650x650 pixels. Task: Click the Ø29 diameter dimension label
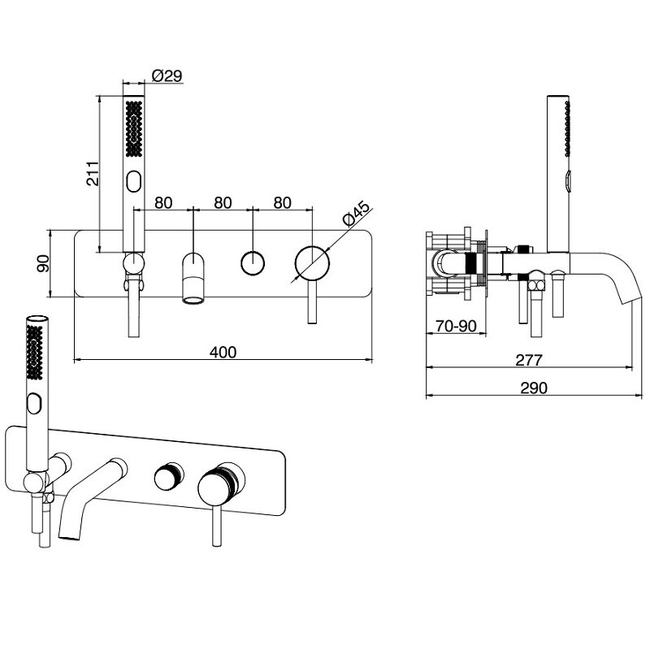click(x=166, y=76)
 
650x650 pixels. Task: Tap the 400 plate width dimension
click(x=223, y=352)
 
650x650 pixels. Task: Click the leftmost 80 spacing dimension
click(x=163, y=202)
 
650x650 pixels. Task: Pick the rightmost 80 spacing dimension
click(x=283, y=202)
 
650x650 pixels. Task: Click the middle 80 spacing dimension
click(x=223, y=202)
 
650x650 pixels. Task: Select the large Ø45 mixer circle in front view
click(x=313, y=263)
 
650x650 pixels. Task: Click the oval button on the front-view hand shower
click(x=135, y=180)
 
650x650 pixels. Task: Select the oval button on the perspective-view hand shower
click(x=35, y=403)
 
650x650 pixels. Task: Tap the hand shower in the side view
click(x=561, y=171)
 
